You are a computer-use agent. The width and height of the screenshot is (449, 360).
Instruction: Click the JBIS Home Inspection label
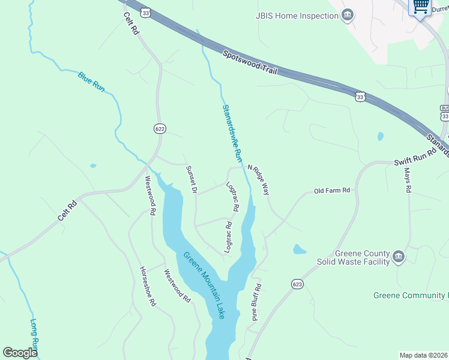pyautogui.click(x=297, y=16)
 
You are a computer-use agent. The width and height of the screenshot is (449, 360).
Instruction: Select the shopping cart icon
pyautogui.click(x=421, y=7)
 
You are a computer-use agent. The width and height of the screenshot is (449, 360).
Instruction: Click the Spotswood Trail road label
pyautogui.click(x=250, y=62)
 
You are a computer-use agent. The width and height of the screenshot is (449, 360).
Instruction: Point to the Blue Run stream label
pyautogui.click(x=91, y=82)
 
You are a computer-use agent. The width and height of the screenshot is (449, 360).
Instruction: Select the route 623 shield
pyautogui.click(x=297, y=283)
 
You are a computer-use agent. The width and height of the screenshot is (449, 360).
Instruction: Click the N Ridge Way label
pyautogui.click(x=258, y=179)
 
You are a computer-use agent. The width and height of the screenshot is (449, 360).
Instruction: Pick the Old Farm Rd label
pyautogui.click(x=332, y=191)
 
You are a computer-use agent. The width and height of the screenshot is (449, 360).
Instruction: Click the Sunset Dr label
pyautogui.click(x=191, y=179)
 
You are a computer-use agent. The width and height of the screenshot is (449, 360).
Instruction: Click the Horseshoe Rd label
pyautogui.click(x=148, y=286)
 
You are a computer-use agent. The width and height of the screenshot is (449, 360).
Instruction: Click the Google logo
pyautogui.click(x=20, y=352)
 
